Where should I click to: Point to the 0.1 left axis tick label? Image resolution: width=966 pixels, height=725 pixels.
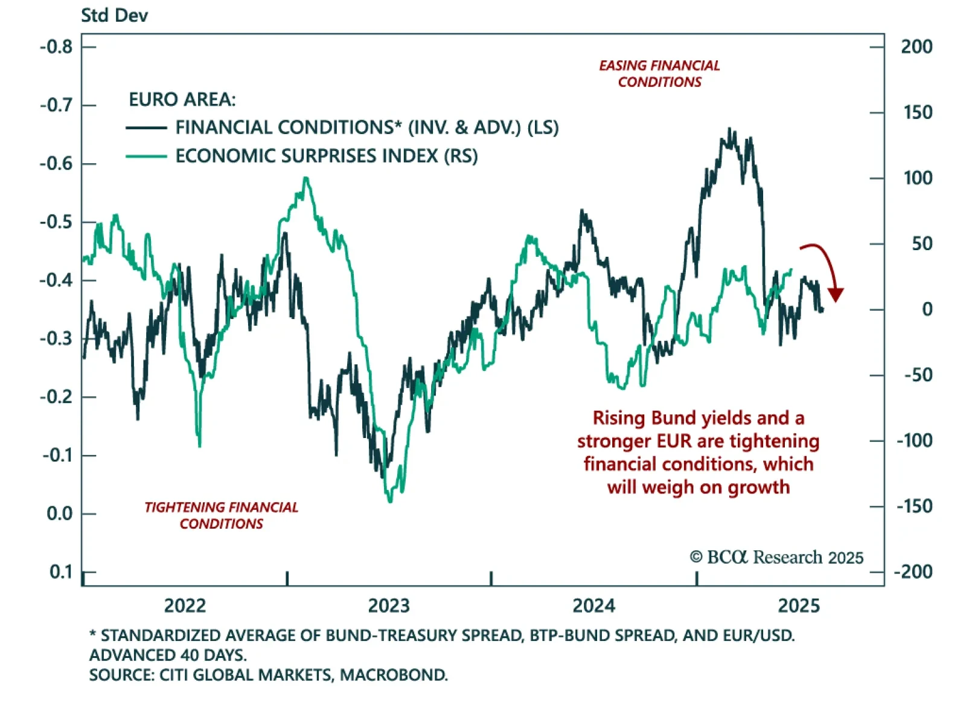(x=60, y=572)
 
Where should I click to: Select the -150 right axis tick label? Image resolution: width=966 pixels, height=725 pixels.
(x=914, y=506)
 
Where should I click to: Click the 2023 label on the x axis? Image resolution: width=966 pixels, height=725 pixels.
(x=389, y=605)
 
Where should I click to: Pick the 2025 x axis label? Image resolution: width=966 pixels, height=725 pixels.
(x=799, y=605)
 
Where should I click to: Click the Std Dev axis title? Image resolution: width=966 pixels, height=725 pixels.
(x=114, y=15)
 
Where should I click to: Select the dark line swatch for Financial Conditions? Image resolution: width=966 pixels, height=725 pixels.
(x=146, y=128)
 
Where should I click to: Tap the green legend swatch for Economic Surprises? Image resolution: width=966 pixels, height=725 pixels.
(x=146, y=156)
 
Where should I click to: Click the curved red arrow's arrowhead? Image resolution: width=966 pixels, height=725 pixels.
(x=836, y=295)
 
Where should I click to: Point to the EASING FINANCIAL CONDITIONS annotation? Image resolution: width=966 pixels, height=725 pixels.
(x=659, y=74)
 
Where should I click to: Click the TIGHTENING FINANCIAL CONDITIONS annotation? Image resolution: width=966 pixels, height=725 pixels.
(x=221, y=515)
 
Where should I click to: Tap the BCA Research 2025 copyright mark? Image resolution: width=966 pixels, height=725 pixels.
(x=776, y=557)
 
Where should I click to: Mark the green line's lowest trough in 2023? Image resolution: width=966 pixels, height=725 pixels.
(x=389, y=500)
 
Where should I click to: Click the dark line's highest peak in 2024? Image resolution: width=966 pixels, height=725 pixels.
(x=731, y=129)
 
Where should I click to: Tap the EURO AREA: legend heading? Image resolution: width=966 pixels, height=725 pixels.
(x=182, y=99)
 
